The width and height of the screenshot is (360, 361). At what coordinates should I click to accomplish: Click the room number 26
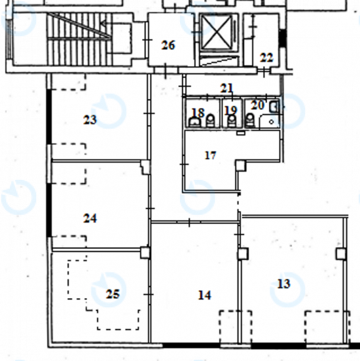coord(168,45)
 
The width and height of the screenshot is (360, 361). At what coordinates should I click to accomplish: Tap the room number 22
coord(267,57)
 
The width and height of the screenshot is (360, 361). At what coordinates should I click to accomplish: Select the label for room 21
coord(227,88)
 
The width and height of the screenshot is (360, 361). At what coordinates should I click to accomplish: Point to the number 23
coord(90,120)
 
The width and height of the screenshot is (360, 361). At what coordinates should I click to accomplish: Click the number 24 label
coord(90,218)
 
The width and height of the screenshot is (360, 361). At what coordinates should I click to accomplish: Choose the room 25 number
coord(113,294)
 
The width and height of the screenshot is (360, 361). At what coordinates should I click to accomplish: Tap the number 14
coord(204,295)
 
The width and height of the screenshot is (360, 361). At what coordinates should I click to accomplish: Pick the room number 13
coord(283,284)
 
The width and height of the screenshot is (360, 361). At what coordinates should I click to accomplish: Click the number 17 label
coord(211,156)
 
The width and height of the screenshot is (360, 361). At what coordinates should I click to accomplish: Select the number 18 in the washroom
coord(198,113)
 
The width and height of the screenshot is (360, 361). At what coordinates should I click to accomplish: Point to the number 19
coord(230,110)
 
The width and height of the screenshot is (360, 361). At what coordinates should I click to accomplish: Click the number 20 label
coord(257,105)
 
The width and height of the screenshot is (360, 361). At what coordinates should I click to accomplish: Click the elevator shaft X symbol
coord(217,32)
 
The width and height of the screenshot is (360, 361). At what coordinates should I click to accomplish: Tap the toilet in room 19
coord(232,121)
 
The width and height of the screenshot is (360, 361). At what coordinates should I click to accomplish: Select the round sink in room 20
coord(272,122)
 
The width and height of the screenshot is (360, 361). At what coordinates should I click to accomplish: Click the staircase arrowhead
coord(103,24)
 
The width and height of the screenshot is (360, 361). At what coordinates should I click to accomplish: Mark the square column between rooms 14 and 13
coord(243,253)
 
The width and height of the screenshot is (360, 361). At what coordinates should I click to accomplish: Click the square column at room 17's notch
coord(240,166)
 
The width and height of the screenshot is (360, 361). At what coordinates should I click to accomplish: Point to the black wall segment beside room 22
coord(282,38)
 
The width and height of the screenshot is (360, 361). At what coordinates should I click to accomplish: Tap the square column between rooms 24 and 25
coord(145,253)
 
